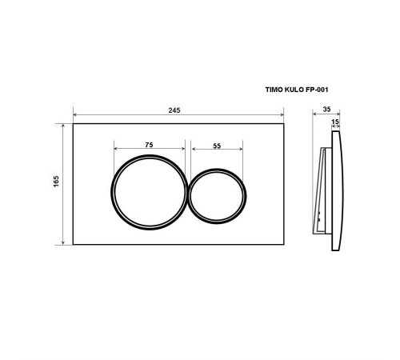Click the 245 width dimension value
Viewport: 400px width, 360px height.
174,110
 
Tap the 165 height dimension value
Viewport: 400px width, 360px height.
56,182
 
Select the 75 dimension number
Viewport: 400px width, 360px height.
149,145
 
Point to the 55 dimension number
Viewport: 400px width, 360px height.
217,146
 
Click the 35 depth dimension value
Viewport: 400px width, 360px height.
326,109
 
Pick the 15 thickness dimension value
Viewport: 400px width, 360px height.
335,122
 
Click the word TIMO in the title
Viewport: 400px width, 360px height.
274,90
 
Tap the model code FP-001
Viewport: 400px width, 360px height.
317,90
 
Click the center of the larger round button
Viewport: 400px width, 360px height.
150,192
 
